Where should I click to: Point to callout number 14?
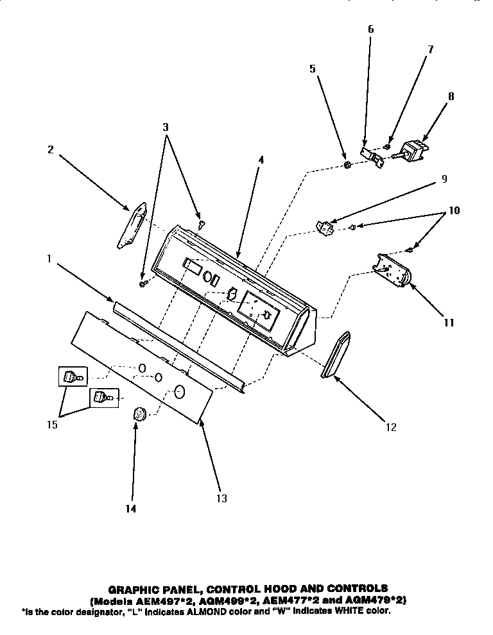pos(132,509)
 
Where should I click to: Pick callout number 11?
pos(449,323)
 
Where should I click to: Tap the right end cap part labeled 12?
pos(335,357)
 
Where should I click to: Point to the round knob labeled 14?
pos(139,415)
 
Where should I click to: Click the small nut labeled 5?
pos(347,165)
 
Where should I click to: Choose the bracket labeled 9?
pos(327,227)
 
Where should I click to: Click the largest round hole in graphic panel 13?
pos(180,391)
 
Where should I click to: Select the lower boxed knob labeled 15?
pos(101,399)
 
